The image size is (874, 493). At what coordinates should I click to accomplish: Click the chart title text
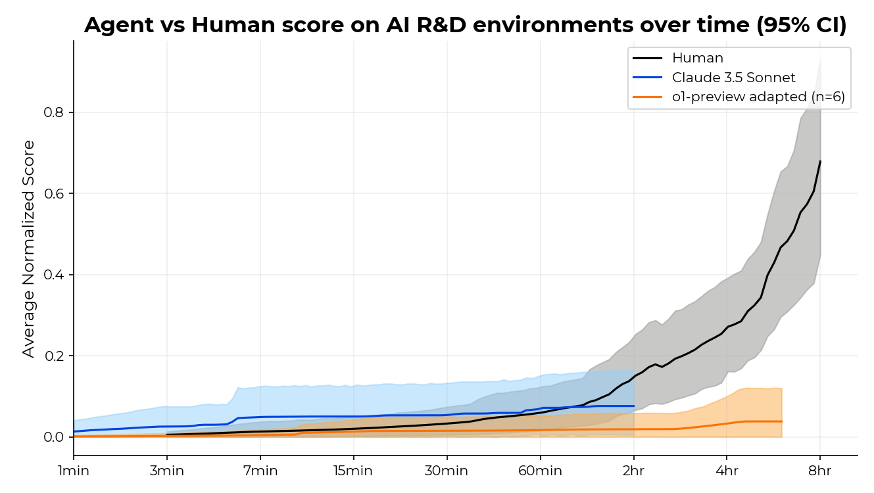click(465, 25)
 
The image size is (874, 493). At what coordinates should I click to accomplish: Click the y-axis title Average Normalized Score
click(28, 248)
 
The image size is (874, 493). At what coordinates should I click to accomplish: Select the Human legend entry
click(697, 59)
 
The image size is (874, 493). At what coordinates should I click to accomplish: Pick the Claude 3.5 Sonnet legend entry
click(733, 78)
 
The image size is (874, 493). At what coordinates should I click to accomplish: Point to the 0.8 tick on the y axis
click(55, 112)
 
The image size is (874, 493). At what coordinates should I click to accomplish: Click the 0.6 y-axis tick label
click(55, 194)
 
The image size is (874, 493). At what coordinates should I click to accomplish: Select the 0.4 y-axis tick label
click(55, 275)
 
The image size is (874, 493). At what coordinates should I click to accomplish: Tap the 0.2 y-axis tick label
click(55, 356)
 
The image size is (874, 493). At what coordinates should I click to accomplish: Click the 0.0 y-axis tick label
click(55, 437)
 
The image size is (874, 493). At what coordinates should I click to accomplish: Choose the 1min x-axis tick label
click(74, 471)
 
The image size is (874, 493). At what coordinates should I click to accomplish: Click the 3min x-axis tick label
click(167, 471)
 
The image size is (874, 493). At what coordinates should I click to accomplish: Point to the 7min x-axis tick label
click(260, 471)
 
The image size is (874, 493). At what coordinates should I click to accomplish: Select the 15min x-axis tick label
click(354, 471)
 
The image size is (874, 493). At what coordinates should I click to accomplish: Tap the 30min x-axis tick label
click(447, 471)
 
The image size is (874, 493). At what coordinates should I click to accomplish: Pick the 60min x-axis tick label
click(541, 471)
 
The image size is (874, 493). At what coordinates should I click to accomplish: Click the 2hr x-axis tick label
click(634, 471)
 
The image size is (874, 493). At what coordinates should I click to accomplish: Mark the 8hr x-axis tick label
click(820, 471)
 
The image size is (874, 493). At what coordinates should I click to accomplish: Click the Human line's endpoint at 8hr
click(820, 161)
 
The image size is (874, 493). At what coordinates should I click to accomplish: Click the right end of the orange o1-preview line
click(781, 421)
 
